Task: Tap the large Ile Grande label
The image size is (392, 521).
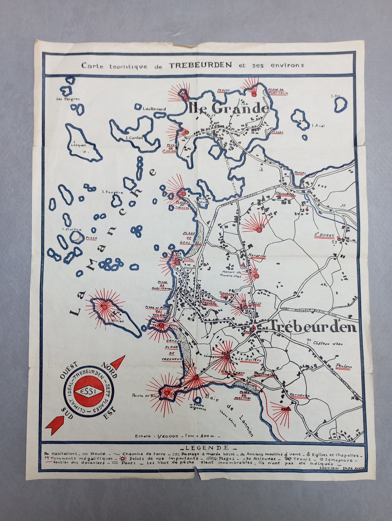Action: click(x=227, y=108)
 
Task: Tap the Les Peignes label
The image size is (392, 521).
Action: click(x=68, y=99)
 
